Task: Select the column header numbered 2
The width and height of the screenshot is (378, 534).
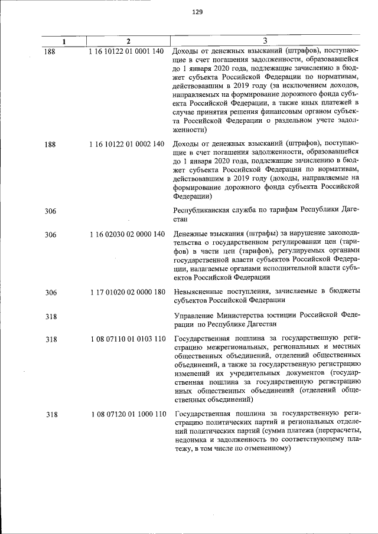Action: [128, 41]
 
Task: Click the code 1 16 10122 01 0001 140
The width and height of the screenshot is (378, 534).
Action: [126, 51]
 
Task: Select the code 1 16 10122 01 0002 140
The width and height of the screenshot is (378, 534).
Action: [126, 143]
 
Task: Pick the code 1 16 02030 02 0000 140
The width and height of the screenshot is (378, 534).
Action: [126, 235]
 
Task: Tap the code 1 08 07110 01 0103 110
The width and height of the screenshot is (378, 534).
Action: [126, 339]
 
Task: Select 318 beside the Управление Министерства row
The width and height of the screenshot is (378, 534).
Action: [51, 316]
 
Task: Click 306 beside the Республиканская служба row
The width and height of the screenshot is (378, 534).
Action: [51, 211]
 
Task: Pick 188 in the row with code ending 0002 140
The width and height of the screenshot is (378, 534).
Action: [51, 143]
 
